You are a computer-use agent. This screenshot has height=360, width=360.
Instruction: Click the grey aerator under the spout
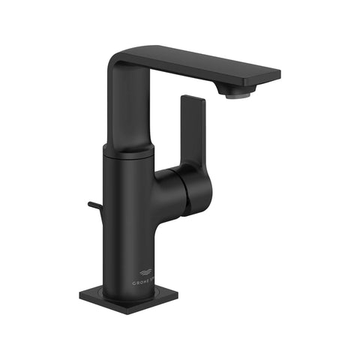239,94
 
